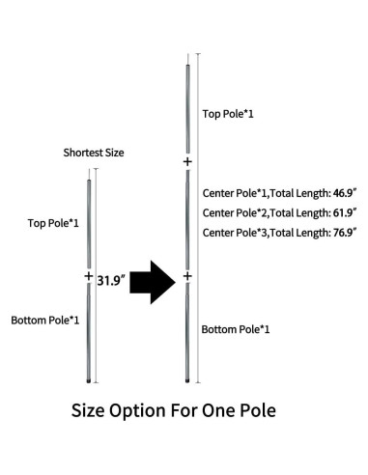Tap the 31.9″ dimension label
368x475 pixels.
[x=112, y=281]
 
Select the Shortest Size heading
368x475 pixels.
[x=94, y=153]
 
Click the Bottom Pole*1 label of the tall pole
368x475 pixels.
[x=235, y=329]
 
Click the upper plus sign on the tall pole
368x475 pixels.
[x=187, y=162]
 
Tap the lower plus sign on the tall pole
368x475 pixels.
[x=187, y=277]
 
